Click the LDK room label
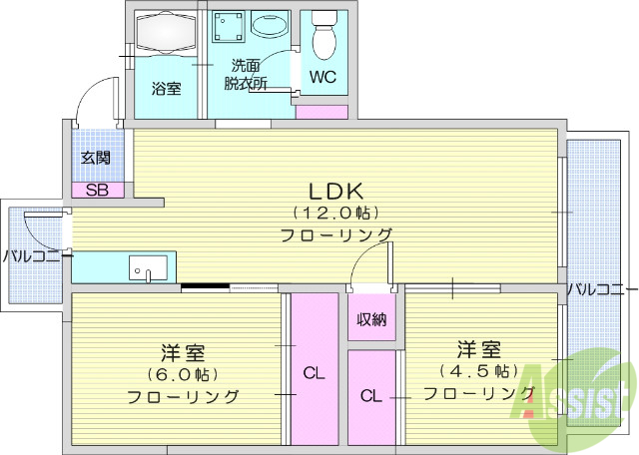tap(333, 191)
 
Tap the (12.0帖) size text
tap(333, 213)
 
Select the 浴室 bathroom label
tap(167, 88)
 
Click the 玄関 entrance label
tap(96, 158)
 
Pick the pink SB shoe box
tap(98, 190)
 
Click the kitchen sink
tap(150, 267)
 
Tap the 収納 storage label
tap(371, 319)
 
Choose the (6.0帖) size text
tap(184, 374)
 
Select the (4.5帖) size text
tap(478, 371)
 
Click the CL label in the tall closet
tap(314, 374)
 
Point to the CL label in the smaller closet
tap(370, 395)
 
